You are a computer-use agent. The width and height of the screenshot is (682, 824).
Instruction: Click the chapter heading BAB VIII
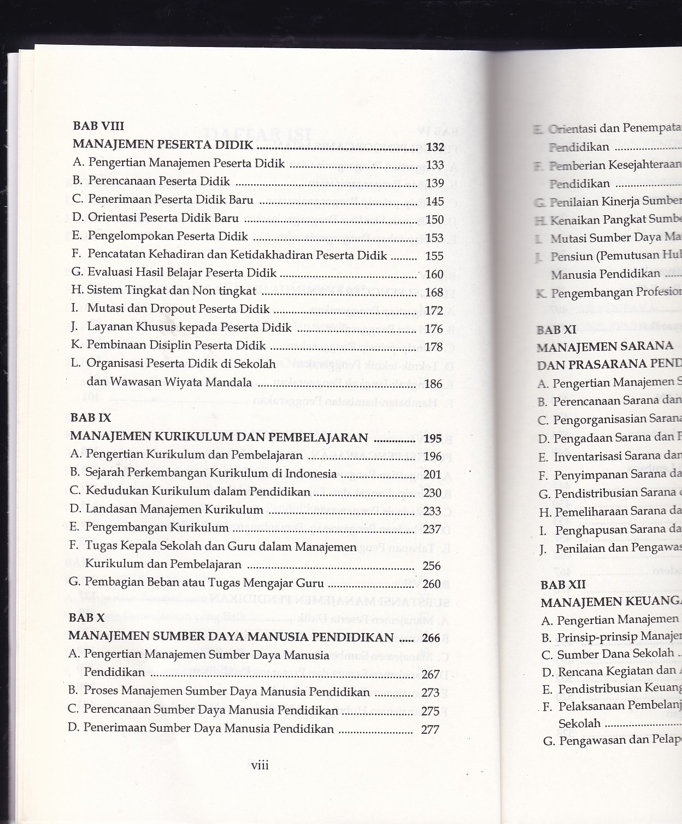tap(98, 126)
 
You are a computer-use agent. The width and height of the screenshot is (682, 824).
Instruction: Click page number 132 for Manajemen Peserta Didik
tap(435, 146)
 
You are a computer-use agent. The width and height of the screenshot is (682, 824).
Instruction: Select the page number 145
tap(434, 202)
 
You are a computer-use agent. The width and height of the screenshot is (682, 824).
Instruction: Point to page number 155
tap(434, 256)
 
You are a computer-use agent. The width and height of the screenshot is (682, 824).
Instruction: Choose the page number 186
tap(433, 384)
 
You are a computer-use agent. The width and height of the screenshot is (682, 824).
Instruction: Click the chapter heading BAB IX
tap(91, 418)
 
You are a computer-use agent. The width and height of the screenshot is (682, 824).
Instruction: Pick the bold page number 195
tap(432, 438)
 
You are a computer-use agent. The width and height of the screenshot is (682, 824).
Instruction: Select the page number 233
tap(432, 511)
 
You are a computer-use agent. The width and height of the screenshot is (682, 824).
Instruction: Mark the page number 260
tap(431, 584)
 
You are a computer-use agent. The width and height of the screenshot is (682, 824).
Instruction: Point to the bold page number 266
tap(431, 638)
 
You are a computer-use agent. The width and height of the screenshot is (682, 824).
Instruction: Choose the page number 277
tap(430, 729)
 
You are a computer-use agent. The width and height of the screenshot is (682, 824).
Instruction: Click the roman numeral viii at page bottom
tap(260, 766)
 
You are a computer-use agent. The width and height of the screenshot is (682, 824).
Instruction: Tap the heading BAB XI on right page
tap(556, 330)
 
